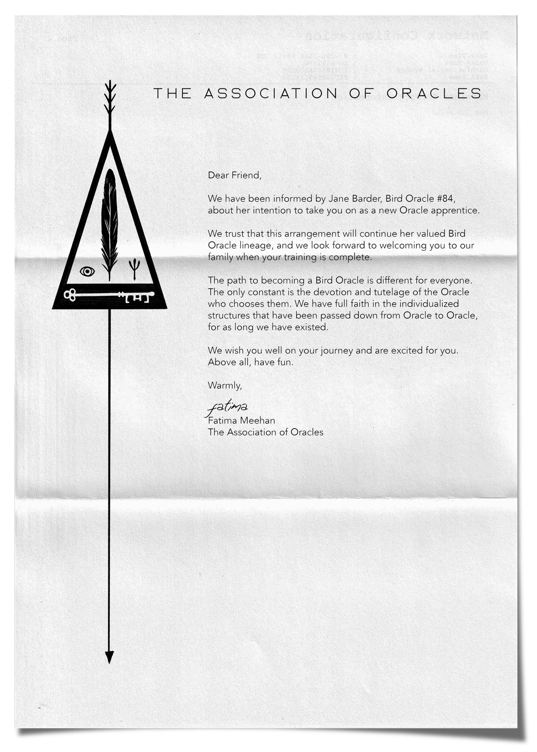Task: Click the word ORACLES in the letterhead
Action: tap(434, 93)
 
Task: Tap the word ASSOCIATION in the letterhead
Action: tap(271, 93)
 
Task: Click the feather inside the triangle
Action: tap(109, 222)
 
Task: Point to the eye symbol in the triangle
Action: tap(87, 271)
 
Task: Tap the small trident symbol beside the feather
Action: tap(134, 269)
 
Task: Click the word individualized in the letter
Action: tap(429, 304)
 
